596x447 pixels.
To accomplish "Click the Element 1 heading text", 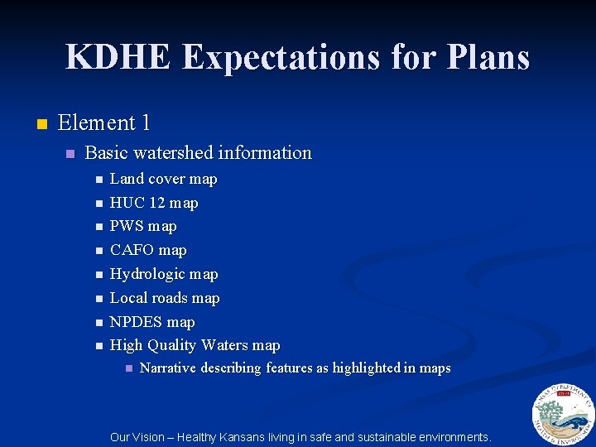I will [103, 123].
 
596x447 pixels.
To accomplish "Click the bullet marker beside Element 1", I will [42, 124].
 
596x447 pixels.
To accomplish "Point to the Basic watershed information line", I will [198, 153].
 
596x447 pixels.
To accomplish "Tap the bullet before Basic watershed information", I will [70, 154].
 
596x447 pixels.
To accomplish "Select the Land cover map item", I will [163, 179].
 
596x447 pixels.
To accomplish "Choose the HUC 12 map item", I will [154, 203].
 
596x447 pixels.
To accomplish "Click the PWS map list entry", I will [143, 226].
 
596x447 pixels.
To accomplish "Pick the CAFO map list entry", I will [148, 250].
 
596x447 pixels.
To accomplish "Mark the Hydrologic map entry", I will [164, 274].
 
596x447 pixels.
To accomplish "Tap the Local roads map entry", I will [165, 298].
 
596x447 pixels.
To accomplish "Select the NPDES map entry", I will [152, 322].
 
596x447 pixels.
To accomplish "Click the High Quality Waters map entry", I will [195, 345].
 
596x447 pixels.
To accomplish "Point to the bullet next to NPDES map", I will [99, 322].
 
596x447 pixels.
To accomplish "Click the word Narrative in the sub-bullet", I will [168, 368].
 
